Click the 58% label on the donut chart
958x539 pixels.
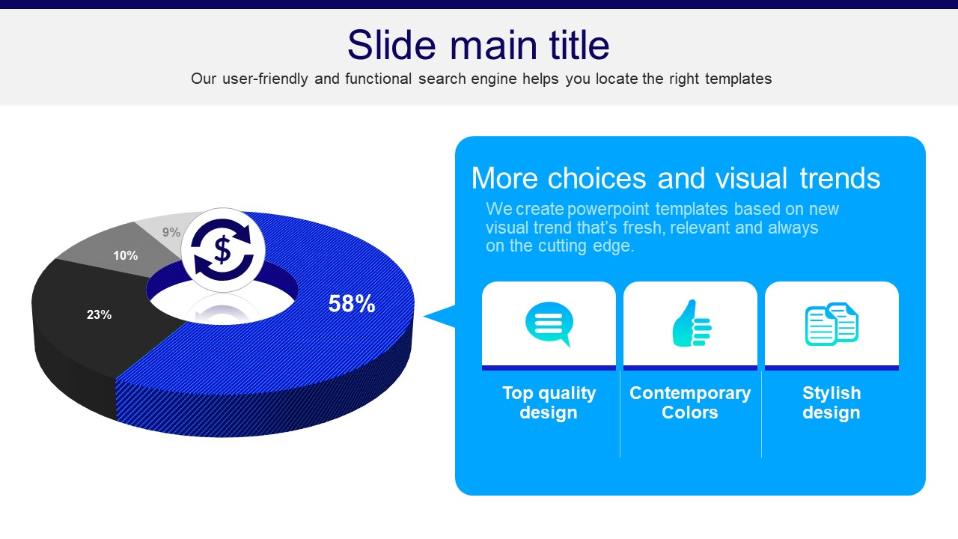[352, 304]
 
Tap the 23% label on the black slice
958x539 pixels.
[100, 315]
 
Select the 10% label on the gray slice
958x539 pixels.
[125, 256]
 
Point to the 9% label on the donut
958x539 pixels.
[171, 232]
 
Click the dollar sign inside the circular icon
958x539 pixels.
[222, 250]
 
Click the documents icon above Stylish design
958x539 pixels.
[832, 324]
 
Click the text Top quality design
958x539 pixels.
[549, 403]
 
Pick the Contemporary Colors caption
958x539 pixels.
[690, 403]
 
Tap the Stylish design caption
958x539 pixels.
[832, 403]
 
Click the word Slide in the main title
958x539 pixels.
[391, 45]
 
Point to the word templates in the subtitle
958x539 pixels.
[739, 79]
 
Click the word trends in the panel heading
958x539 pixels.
[840, 178]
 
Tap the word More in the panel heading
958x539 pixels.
[504, 178]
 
